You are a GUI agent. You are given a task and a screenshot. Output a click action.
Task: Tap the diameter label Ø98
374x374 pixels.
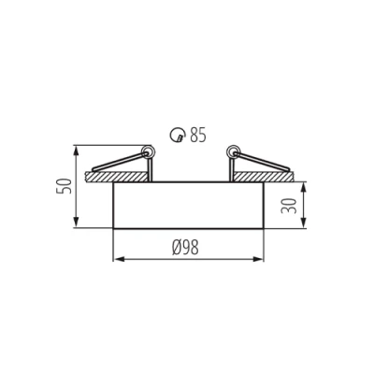186,248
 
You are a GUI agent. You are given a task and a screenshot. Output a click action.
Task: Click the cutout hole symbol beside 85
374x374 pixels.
177,137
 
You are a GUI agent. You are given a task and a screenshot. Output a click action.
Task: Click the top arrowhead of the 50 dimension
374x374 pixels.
76,149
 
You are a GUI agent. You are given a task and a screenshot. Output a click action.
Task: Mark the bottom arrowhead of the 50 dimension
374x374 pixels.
76,224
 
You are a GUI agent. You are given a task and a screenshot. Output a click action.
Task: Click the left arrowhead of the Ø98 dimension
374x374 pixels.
117,260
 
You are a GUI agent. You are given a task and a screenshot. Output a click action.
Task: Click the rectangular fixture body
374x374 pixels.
187,205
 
